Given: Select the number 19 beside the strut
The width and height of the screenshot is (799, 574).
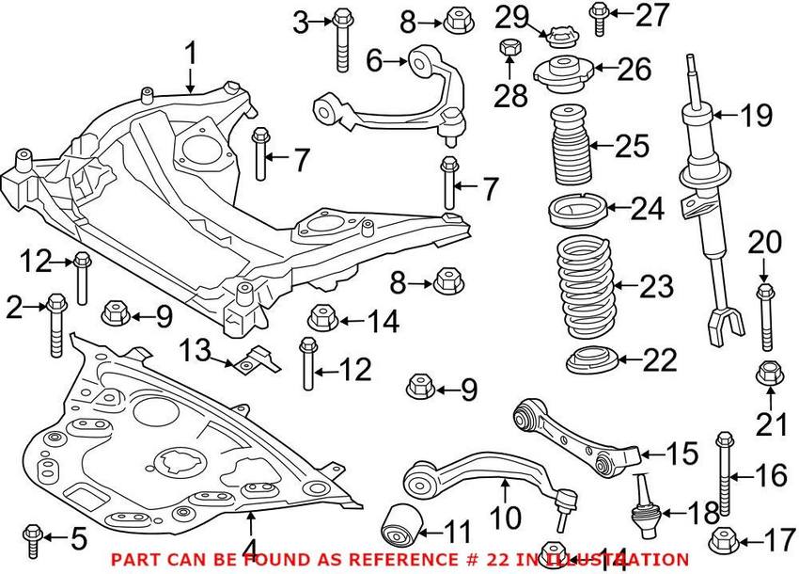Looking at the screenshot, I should point(754,117).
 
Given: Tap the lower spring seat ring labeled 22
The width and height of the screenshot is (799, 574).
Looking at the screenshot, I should point(588,360).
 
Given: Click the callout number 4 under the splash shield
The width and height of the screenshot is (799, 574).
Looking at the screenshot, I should point(249,545).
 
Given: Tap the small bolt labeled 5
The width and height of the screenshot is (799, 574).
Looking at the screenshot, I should point(33,537).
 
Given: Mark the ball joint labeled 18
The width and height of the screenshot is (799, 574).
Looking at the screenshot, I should point(646,503).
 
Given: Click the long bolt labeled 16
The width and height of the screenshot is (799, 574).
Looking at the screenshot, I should point(725,475).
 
